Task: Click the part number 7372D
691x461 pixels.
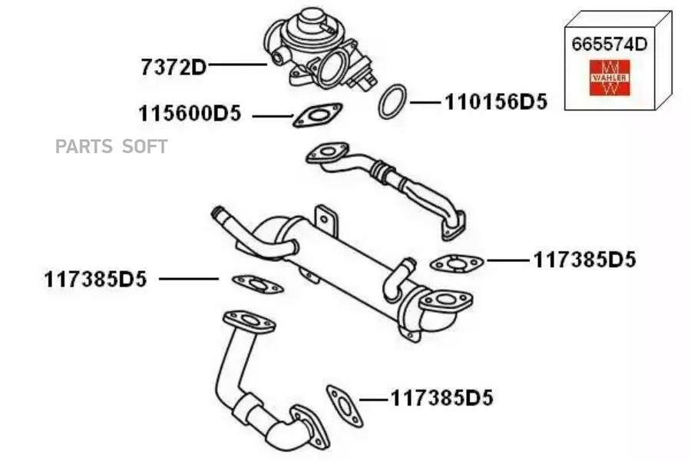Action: point(174,67)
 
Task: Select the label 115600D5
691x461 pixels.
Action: point(190,114)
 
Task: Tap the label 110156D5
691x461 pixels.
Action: point(496,102)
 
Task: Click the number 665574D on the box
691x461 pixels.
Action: point(610,44)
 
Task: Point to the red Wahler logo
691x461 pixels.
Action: point(610,78)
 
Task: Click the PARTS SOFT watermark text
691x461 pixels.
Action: point(111,146)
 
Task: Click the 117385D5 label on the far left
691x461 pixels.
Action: point(95,279)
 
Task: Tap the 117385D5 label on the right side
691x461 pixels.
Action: point(585,260)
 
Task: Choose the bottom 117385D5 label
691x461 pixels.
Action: point(442,398)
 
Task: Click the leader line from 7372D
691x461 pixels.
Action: point(237,65)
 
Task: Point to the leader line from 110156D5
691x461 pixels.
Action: point(425,103)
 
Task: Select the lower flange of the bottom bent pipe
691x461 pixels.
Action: point(311,426)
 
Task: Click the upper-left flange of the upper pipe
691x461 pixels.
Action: point(327,153)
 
